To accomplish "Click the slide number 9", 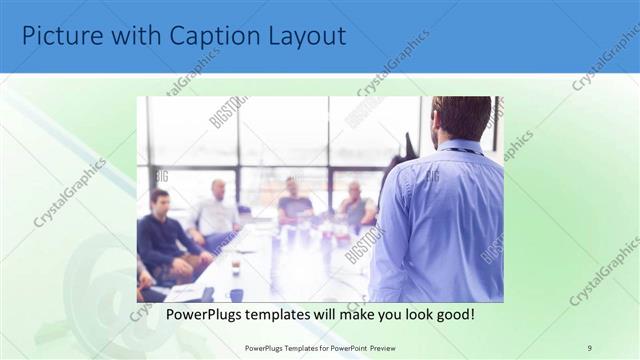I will (x=589, y=347).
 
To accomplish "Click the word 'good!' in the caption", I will (x=452, y=314).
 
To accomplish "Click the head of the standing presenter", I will (x=461, y=117).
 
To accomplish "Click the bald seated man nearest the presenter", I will (x=355, y=205).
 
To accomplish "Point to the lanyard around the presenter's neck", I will (x=461, y=151).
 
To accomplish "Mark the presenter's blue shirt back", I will (x=440, y=220).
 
